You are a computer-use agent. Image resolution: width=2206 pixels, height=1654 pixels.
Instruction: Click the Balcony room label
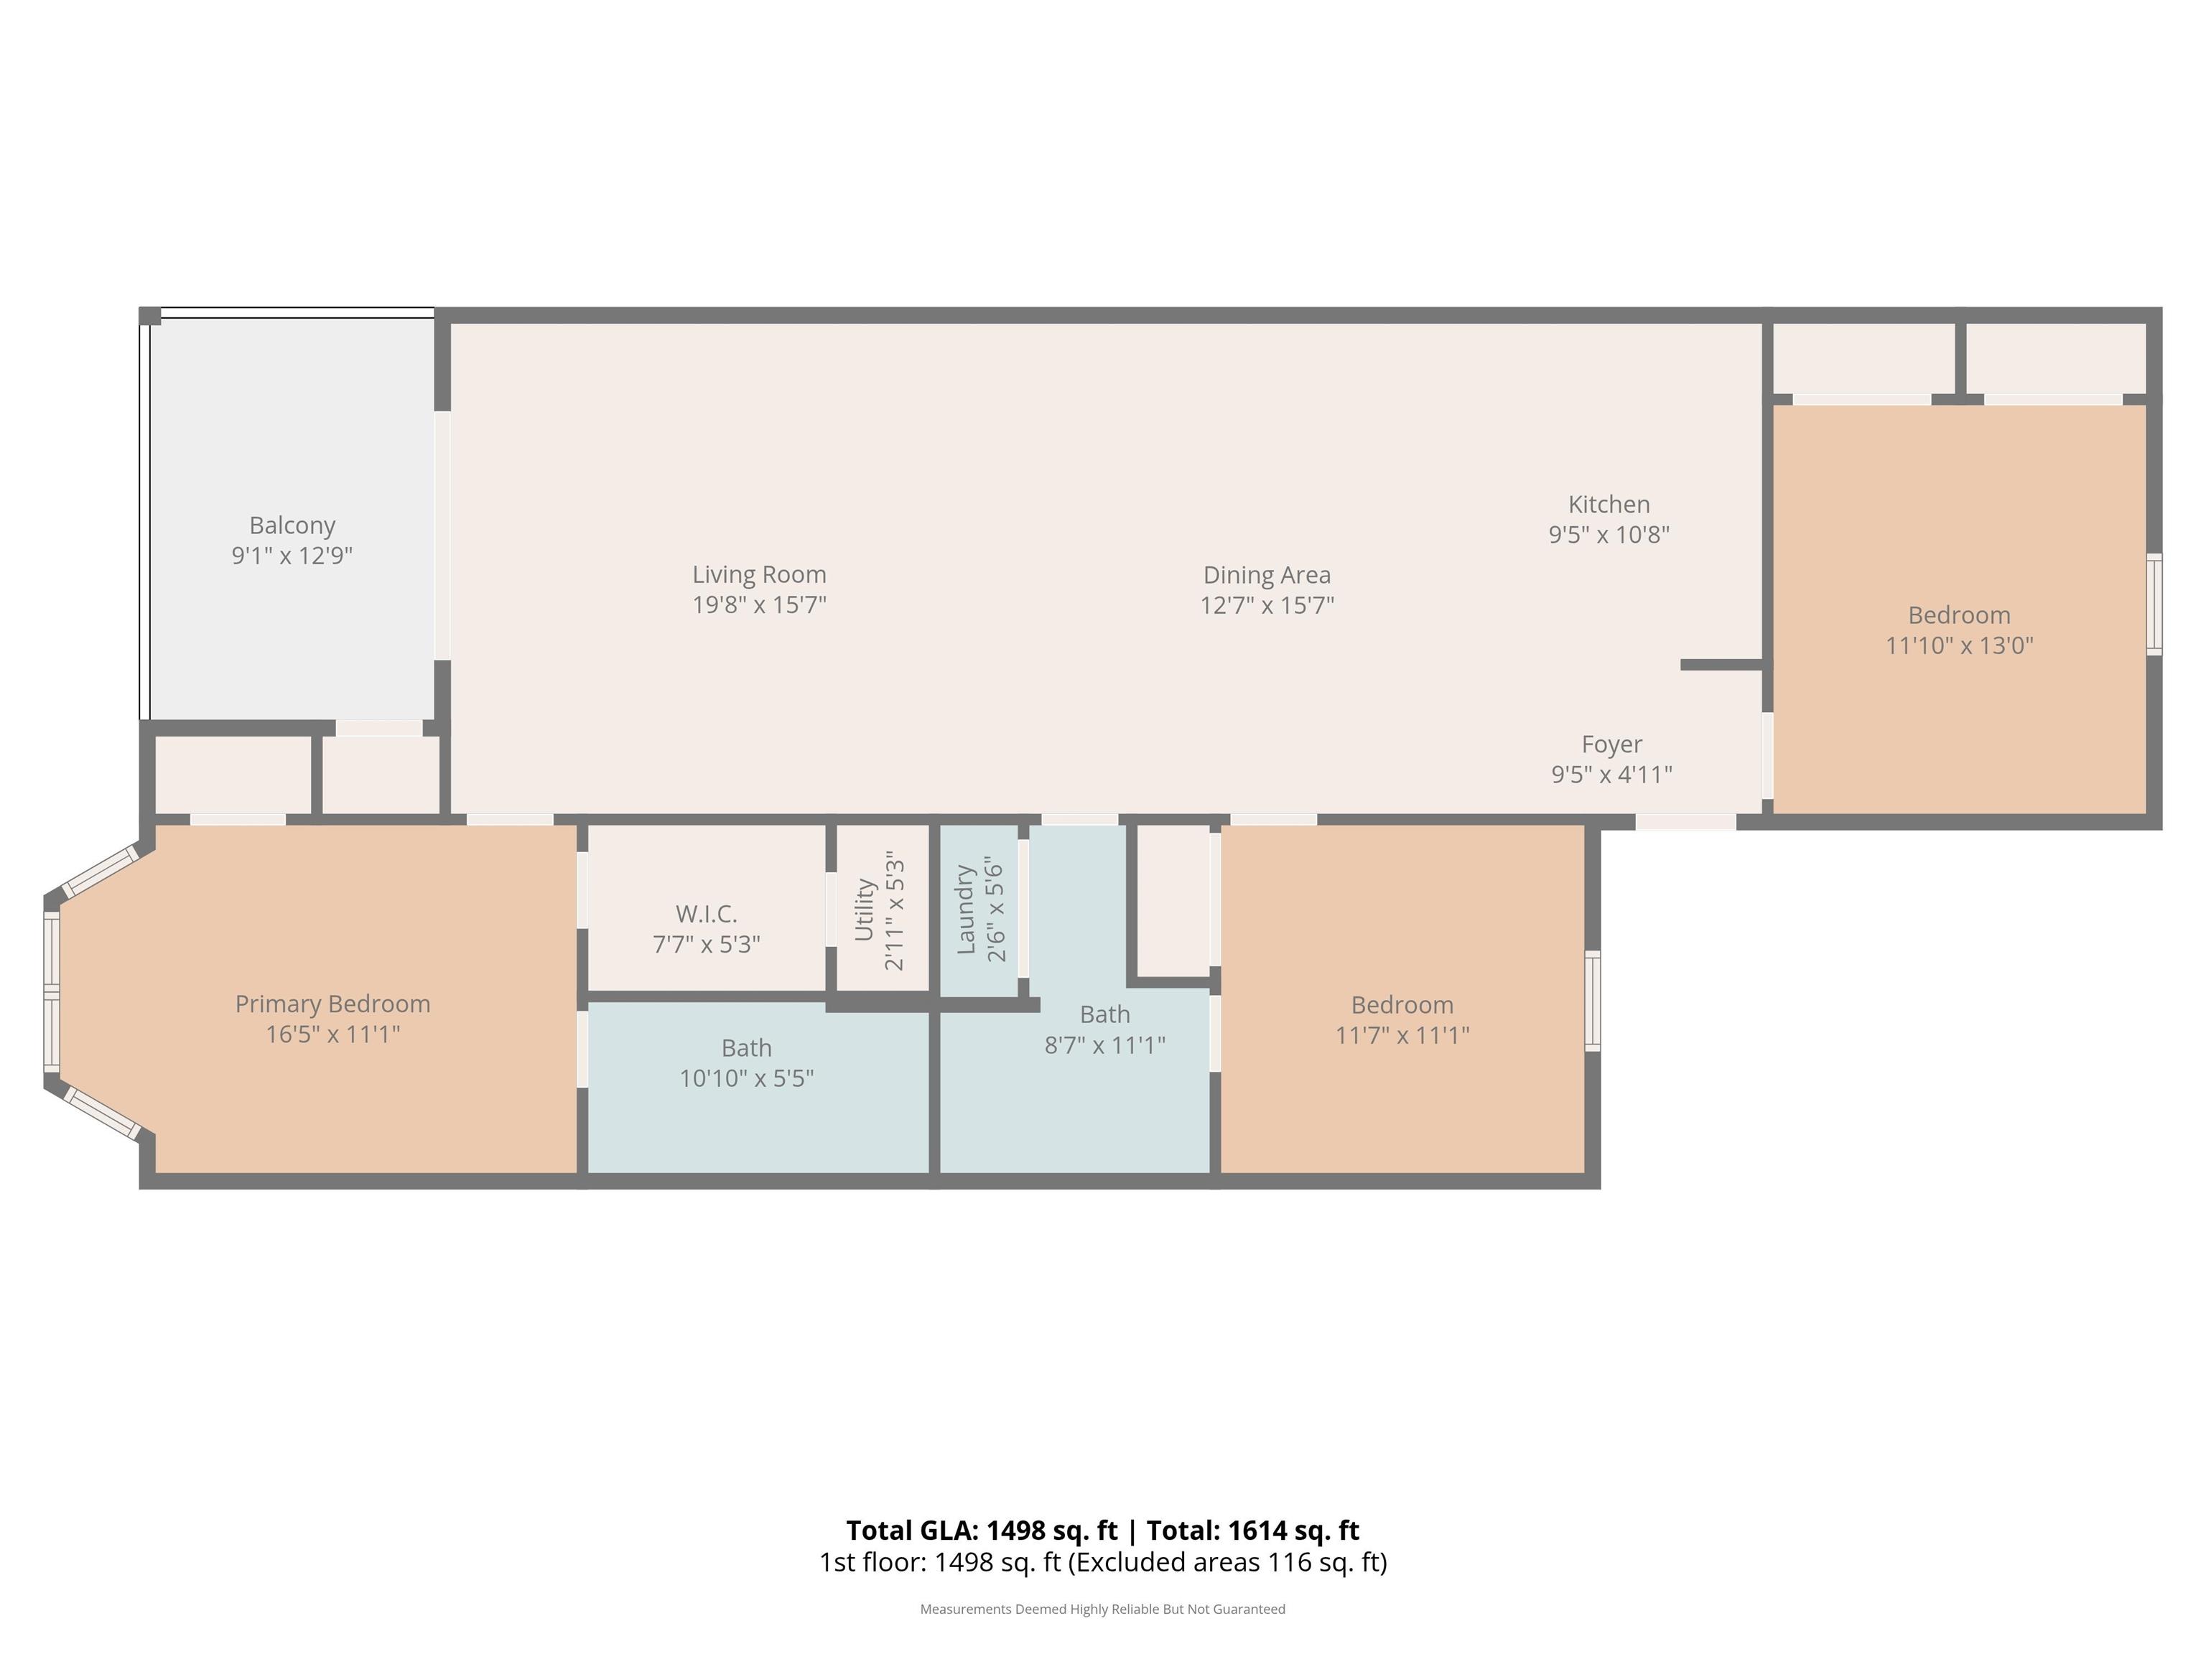tap(292, 525)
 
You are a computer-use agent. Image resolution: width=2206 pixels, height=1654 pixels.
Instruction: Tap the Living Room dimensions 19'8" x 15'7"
tap(759, 605)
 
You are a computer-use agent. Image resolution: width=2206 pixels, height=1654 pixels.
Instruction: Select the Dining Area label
tap(1267, 575)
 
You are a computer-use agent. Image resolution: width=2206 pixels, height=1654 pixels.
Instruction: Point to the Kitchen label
tap(1609, 505)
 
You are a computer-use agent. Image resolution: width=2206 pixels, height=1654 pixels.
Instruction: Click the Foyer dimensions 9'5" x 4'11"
tap(1611, 775)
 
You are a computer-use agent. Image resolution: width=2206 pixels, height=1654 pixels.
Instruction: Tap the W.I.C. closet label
tap(706, 913)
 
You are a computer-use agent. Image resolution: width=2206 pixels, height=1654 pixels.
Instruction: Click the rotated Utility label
tap(864, 910)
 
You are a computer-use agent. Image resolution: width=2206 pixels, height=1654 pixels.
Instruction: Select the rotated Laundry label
tap(965, 910)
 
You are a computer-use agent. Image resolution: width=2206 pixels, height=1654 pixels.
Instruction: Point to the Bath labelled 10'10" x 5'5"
tap(746, 1048)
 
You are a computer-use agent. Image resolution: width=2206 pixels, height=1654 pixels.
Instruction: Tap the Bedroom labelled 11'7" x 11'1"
tap(1402, 1005)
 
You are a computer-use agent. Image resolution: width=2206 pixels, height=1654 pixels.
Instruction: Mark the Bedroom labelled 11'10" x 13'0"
tap(1959, 615)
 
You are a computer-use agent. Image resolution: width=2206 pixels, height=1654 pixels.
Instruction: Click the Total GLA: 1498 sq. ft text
tap(982, 1531)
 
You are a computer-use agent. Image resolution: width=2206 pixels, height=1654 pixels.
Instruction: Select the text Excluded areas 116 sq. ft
tap(1227, 1562)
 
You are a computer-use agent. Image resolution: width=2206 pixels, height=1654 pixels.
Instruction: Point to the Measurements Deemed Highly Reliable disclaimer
tap(1102, 1609)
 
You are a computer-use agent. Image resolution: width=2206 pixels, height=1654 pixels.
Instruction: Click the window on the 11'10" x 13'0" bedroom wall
tap(2154, 604)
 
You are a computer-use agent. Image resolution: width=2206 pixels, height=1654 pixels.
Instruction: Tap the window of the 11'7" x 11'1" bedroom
tap(1593, 1000)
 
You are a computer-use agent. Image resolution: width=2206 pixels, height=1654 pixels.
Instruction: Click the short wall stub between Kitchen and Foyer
tap(1721, 665)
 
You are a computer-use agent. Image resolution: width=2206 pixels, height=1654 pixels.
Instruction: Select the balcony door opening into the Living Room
tap(442, 536)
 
